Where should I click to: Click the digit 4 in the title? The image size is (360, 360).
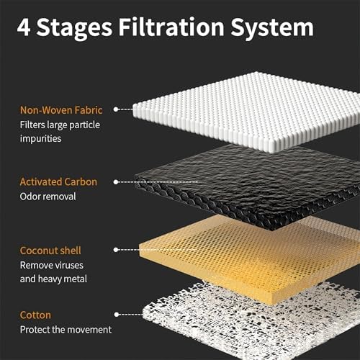click(24, 27)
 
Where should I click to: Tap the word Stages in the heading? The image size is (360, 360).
click(74, 28)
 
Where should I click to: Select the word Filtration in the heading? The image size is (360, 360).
click(171, 27)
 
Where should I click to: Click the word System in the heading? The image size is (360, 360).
click(272, 28)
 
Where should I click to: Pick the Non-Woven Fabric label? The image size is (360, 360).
click(61, 110)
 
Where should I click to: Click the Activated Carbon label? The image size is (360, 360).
click(58, 181)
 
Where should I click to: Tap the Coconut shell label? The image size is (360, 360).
click(50, 251)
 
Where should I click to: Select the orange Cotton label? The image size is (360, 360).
click(35, 315)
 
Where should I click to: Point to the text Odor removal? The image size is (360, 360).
click(48, 197)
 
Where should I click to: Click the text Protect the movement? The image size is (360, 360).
click(66, 330)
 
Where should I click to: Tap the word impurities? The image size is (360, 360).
click(40, 139)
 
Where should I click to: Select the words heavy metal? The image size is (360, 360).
click(63, 279)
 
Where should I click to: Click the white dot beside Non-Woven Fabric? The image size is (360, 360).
click(116, 109)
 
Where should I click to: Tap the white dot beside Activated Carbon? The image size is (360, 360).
click(116, 182)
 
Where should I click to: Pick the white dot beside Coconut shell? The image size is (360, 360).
click(116, 250)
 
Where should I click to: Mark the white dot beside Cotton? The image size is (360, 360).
click(117, 315)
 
